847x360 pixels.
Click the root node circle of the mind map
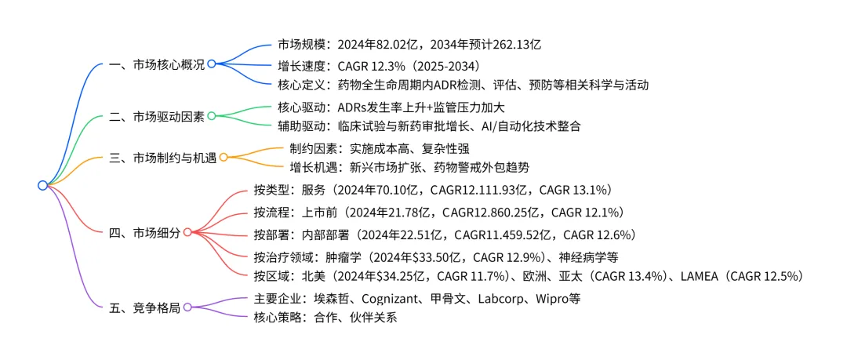pos(42,185)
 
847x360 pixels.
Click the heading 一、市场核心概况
pos(156,64)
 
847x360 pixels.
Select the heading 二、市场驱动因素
pos(156,117)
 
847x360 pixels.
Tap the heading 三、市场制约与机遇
pos(162,158)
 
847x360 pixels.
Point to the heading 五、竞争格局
pos(144,307)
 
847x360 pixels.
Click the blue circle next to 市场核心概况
pos(211,64)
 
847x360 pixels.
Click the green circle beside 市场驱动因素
pos(211,116)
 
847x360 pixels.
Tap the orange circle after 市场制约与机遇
pos(224,158)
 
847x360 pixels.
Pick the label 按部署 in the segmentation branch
pos(271,235)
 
